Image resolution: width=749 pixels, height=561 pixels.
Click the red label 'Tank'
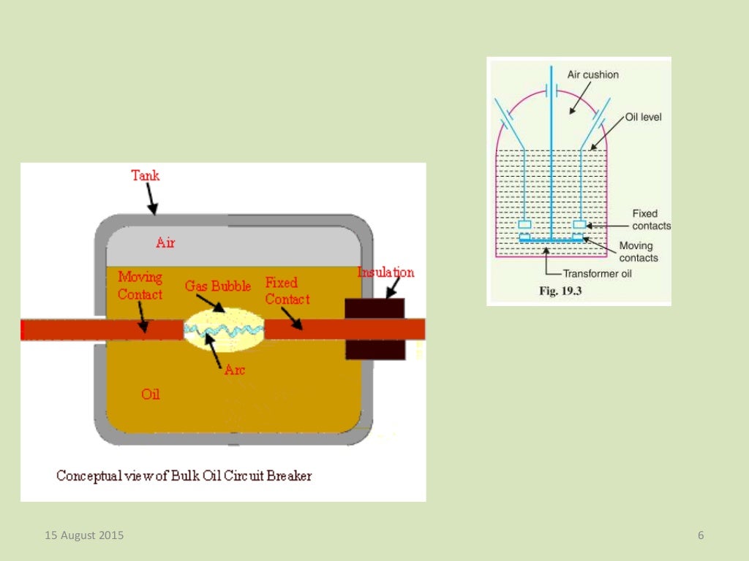(x=145, y=175)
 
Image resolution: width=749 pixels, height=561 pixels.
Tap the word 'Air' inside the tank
(x=165, y=243)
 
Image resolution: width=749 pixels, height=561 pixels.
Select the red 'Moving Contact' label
(x=140, y=286)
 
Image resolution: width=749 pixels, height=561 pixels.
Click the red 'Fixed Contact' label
(x=287, y=291)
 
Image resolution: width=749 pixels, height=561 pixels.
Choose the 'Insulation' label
(x=385, y=272)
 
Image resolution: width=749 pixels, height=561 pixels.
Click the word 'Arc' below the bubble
(x=234, y=370)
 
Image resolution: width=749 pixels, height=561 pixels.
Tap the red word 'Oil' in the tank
(x=151, y=394)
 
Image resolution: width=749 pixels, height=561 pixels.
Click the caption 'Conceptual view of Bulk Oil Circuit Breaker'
(x=184, y=476)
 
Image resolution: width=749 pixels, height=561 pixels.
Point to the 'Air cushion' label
(x=592, y=75)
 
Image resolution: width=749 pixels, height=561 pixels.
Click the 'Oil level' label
(x=643, y=117)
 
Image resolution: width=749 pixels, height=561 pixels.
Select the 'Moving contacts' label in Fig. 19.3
(x=638, y=251)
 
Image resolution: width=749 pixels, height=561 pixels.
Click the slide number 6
(x=701, y=535)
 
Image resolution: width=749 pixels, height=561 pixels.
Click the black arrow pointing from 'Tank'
(x=151, y=199)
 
